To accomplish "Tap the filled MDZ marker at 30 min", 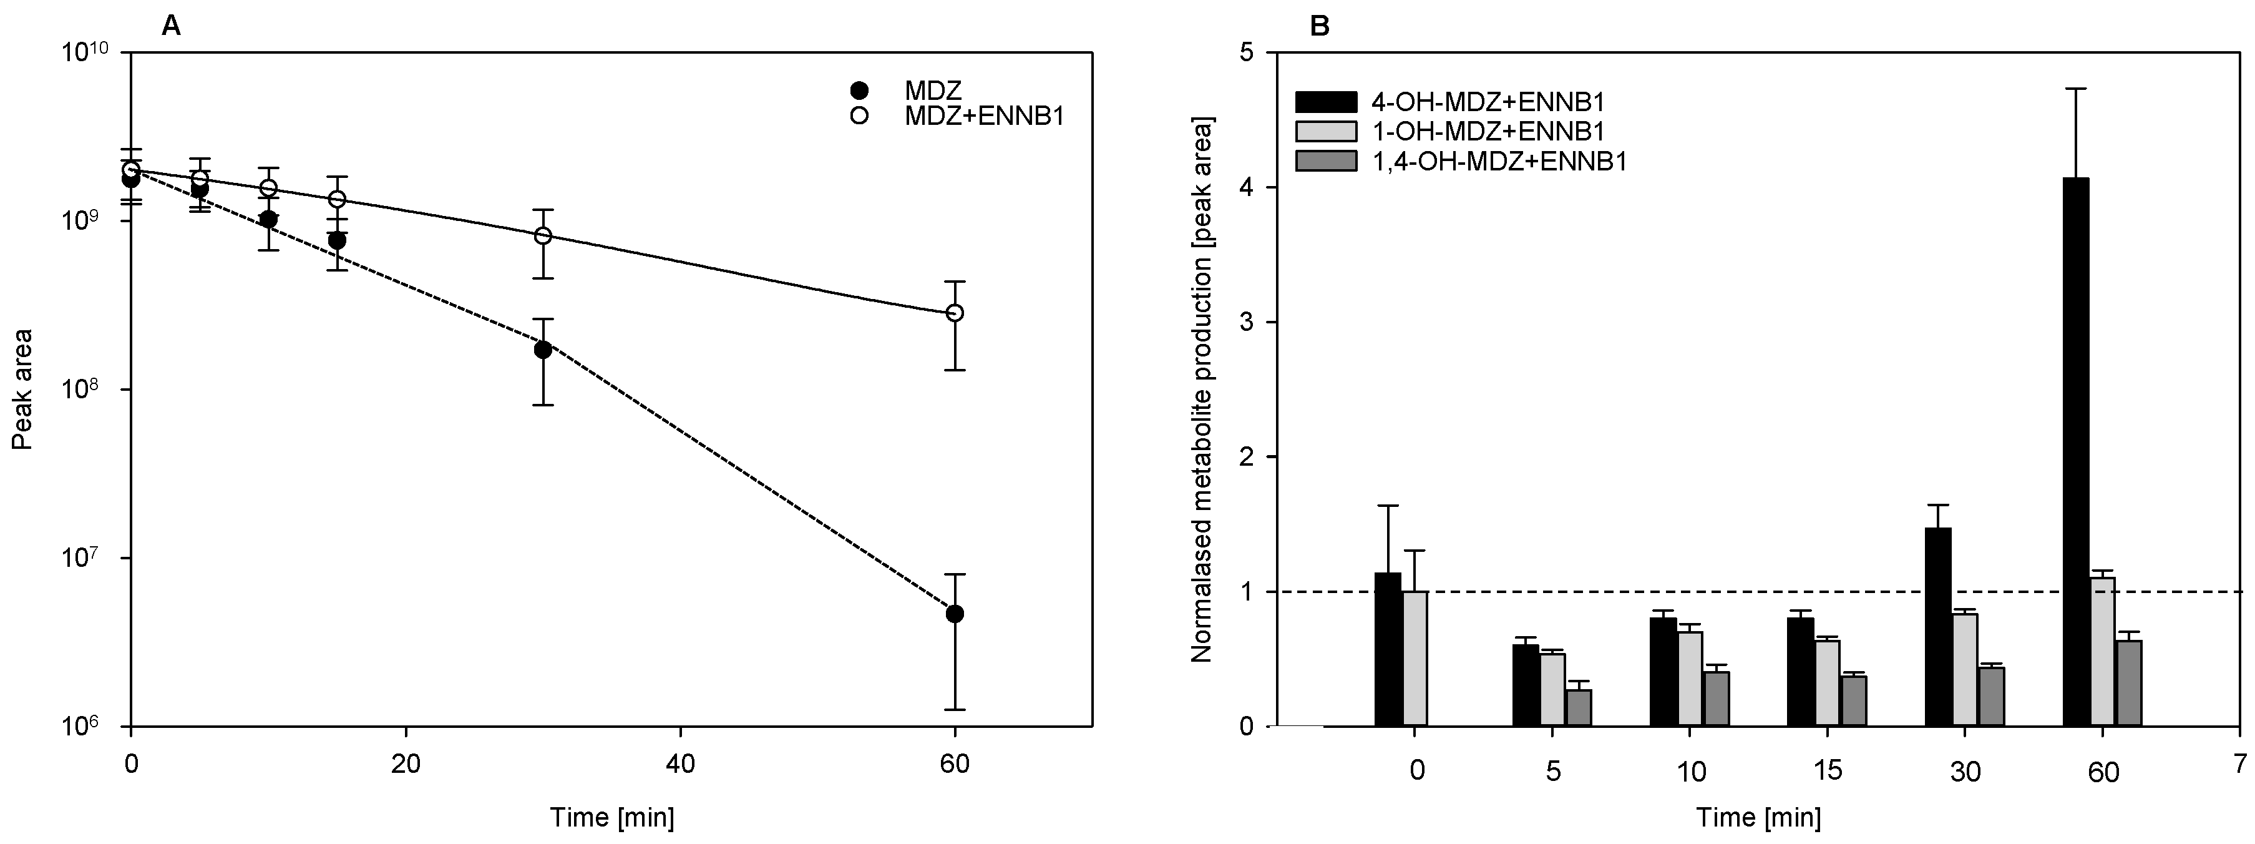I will click(543, 350).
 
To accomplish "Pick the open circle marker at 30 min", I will click(543, 235).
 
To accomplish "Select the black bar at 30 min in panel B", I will click(1938, 627).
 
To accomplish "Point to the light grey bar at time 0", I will click(1415, 659).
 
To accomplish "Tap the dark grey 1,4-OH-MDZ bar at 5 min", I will click(1579, 707).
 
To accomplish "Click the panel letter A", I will click(172, 26).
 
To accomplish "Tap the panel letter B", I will click(1318, 26).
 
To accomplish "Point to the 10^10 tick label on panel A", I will click(85, 54).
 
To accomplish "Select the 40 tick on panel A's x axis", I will click(680, 763).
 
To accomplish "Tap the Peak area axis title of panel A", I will click(22, 389).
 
